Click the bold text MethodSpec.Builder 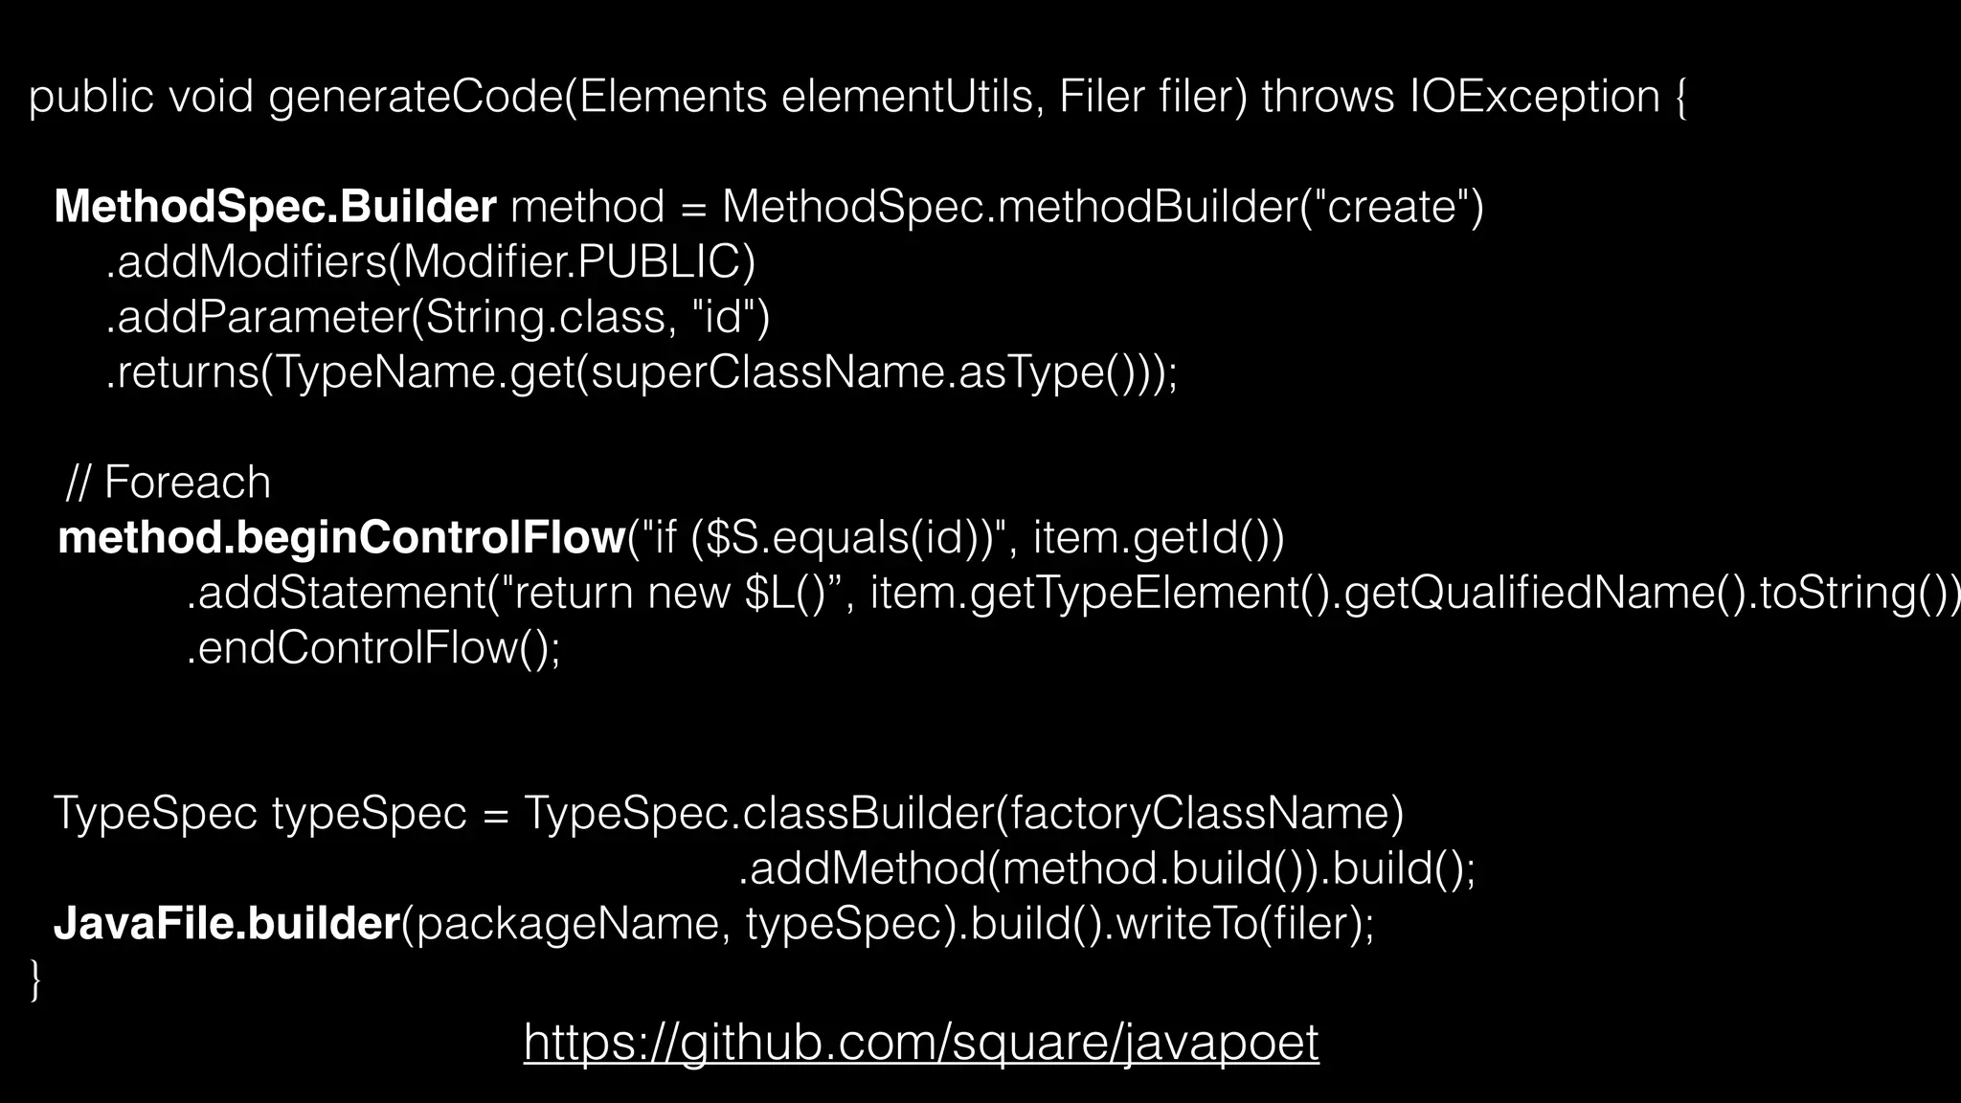pos(275,207)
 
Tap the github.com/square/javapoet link pos(921,1042)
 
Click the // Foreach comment pos(169,483)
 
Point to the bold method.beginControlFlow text pos(342,538)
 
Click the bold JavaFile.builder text pos(227,923)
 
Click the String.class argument pos(545,317)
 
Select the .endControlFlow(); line pos(373,648)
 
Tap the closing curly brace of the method pos(36,979)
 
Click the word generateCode pos(416,97)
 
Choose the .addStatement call pos(335,594)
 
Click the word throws pos(1327,97)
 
